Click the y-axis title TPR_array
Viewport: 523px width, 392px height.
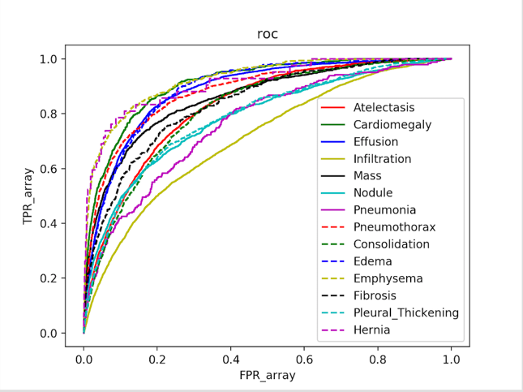(27, 196)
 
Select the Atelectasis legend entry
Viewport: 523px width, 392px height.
(384, 108)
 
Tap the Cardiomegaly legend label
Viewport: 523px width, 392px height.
(392, 125)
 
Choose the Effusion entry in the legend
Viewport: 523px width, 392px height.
(375, 142)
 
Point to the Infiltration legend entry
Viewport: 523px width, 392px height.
(382, 159)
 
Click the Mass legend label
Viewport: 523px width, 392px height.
(367, 176)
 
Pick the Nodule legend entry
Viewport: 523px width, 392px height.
(373, 193)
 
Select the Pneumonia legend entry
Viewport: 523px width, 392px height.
(384, 210)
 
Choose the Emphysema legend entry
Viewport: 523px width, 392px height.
(388, 278)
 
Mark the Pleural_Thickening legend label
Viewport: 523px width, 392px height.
(406, 312)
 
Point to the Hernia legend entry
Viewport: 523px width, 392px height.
(371, 330)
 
